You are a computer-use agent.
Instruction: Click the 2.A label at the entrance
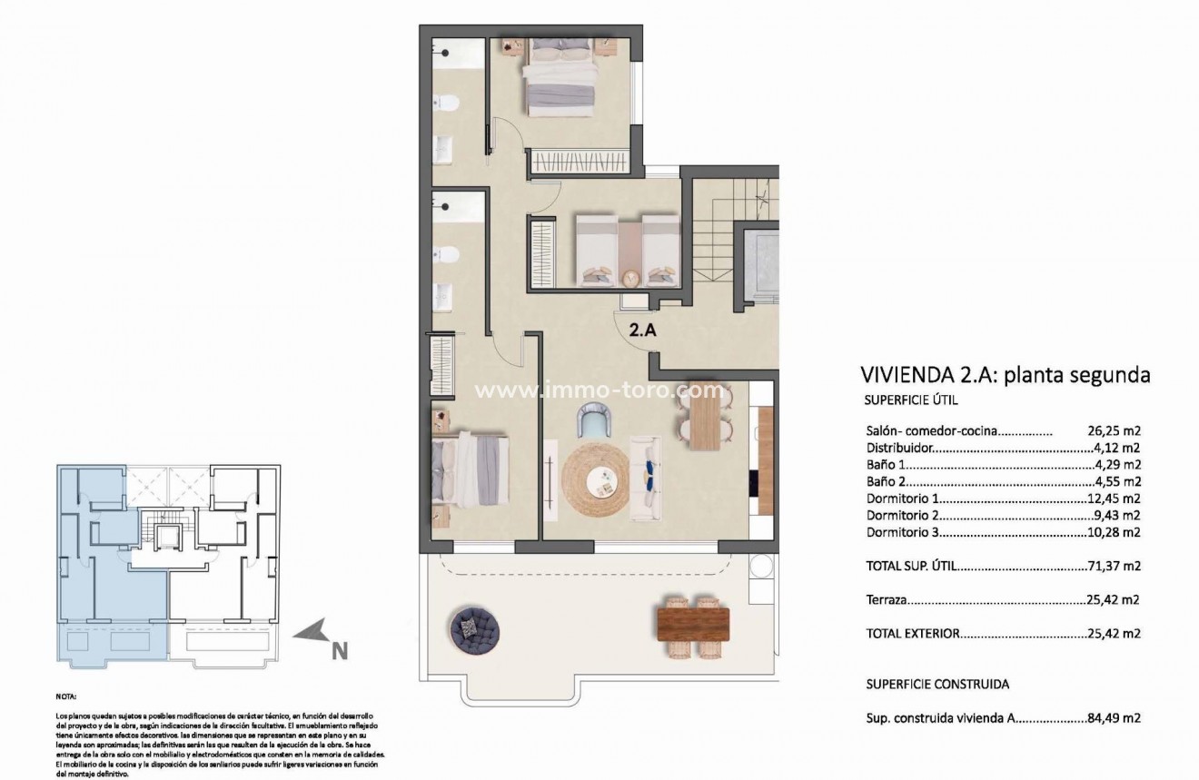click(x=643, y=331)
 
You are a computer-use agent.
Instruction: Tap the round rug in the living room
click(x=595, y=479)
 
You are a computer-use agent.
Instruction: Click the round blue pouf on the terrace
click(x=475, y=624)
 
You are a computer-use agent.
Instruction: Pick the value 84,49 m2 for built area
click(x=1114, y=717)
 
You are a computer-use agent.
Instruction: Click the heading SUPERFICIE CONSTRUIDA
click(x=938, y=684)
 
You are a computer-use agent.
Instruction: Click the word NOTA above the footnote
click(x=66, y=696)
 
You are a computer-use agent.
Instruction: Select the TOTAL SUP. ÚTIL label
click(x=912, y=566)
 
